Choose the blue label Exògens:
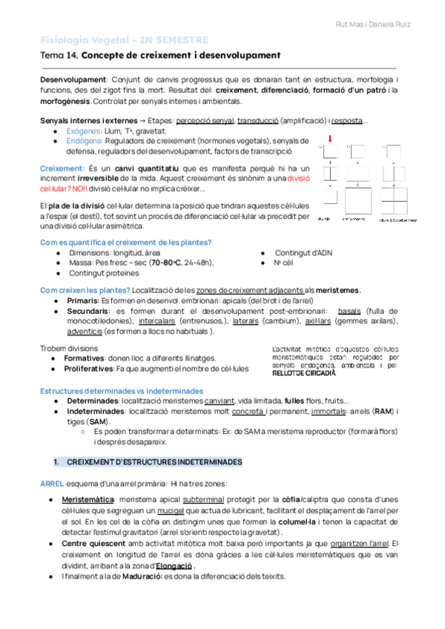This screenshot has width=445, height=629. pyautogui.click(x=85, y=131)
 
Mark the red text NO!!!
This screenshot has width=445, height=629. pyautogui.click(x=79, y=189)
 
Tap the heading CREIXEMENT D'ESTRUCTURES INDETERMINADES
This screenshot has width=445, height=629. pyautogui.click(x=154, y=461)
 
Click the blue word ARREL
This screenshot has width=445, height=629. pyautogui.click(x=52, y=483)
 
